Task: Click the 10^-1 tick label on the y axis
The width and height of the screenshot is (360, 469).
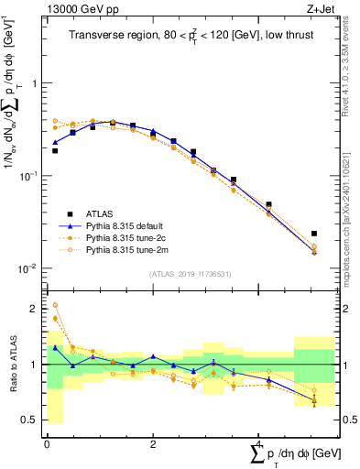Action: (30, 176)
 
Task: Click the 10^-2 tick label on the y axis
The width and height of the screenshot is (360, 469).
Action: (30, 268)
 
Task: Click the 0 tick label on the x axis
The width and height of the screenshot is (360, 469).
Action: (47, 444)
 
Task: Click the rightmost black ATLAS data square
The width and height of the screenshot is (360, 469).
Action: (314, 234)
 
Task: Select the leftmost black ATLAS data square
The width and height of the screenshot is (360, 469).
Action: (55, 150)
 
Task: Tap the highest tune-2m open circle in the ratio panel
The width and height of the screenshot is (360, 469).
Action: (55, 305)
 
